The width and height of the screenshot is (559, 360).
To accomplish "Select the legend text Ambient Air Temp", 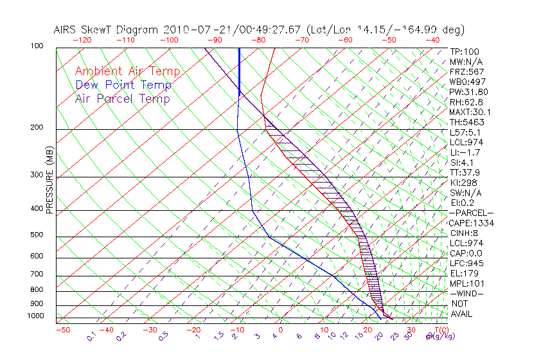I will (x=127, y=71).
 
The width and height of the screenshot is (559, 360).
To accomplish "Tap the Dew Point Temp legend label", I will (x=123, y=85).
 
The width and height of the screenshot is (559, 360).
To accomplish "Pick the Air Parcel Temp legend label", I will (x=123, y=98).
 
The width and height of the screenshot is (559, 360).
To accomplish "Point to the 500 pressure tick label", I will (x=37, y=235).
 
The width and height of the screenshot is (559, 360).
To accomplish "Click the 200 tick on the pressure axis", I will (x=37, y=127).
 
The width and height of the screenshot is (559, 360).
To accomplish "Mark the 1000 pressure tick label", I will (x=35, y=316).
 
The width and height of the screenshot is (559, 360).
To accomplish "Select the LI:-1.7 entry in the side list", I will (x=465, y=152).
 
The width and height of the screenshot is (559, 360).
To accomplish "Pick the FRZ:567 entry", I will (x=466, y=71).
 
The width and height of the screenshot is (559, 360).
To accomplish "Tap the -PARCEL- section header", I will (x=471, y=213).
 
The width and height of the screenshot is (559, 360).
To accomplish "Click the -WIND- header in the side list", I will (x=467, y=293).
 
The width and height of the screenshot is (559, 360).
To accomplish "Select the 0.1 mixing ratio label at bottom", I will (x=91, y=336).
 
